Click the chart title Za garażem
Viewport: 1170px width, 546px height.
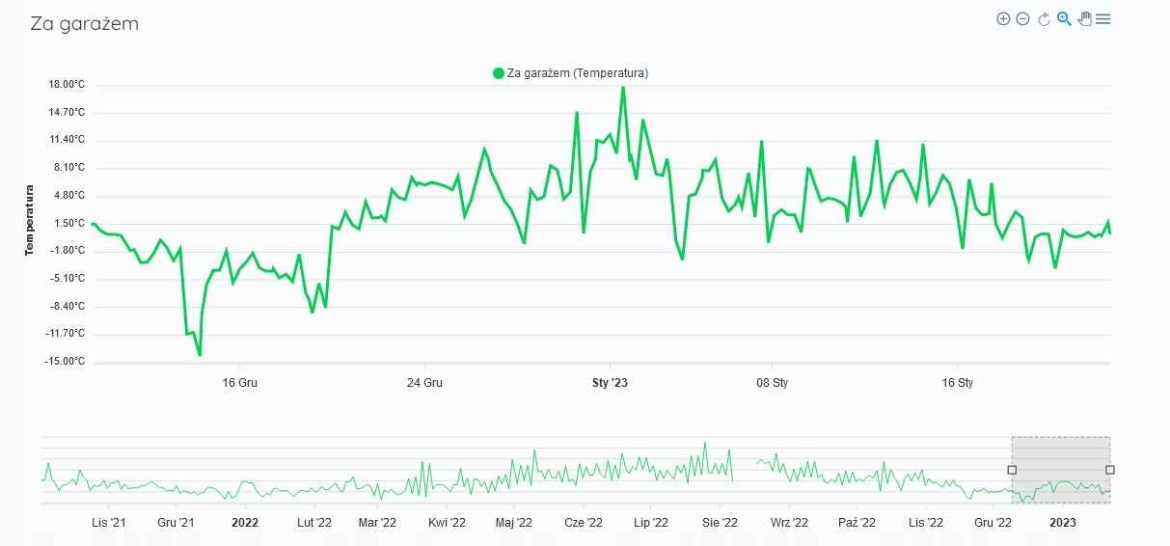pyautogui.click(x=85, y=24)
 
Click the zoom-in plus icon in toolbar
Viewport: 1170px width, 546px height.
pyautogui.click(x=1003, y=18)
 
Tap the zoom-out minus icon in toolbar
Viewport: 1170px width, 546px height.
pyautogui.click(x=1023, y=18)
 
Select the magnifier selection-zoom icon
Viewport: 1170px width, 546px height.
pyautogui.click(x=1064, y=18)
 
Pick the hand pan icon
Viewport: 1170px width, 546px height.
pyautogui.click(x=1084, y=18)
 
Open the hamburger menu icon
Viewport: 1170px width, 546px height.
pyautogui.click(x=1103, y=18)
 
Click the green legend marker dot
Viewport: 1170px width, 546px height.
pyautogui.click(x=499, y=73)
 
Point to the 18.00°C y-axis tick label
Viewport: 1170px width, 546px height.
pyautogui.click(x=67, y=85)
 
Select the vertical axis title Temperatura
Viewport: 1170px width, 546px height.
pyautogui.click(x=29, y=221)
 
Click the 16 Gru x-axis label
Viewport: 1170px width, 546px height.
pyautogui.click(x=239, y=383)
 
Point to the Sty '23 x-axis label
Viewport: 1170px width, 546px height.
pyautogui.click(x=610, y=383)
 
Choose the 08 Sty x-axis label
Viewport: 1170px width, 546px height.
pyautogui.click(x=772, y=383)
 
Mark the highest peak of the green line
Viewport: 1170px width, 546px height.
pyautogui.click(x=623, y=88)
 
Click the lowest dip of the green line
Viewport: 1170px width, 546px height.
pyautogui.click(x=200, y=355)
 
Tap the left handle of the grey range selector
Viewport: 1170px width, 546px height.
pyautogui.click(x=1012, y=470)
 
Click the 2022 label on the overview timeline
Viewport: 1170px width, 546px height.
pyautogui.click(x=245, y=523)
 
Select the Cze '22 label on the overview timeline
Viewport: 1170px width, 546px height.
pyautogui.click(x=583, y=523)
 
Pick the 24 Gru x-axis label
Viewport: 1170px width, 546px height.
pyautogui.click(x=424, y=383)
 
